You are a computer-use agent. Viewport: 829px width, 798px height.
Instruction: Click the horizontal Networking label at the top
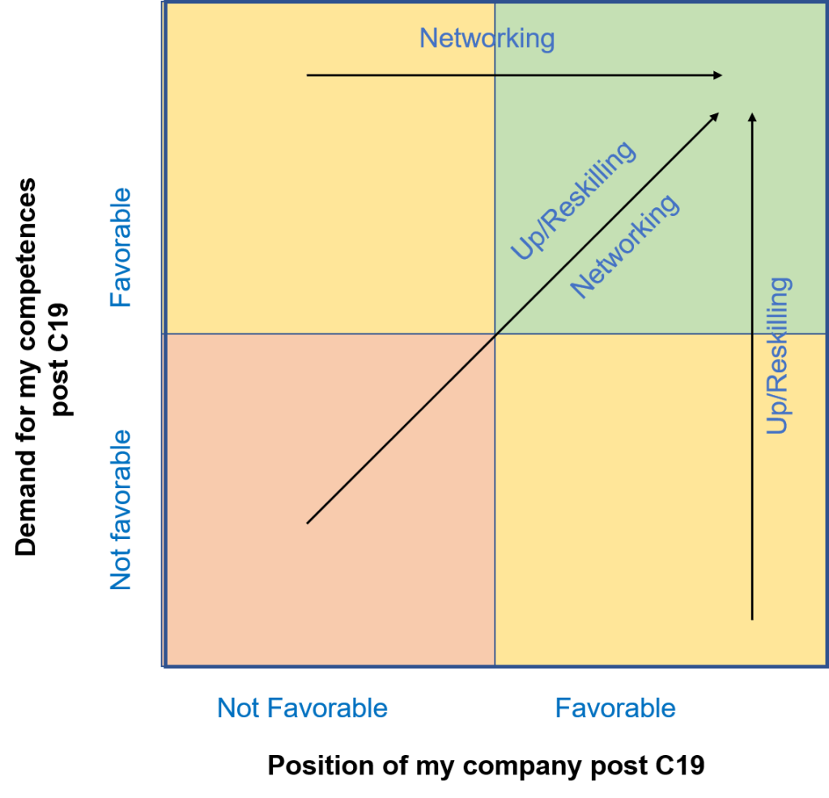(487, 38)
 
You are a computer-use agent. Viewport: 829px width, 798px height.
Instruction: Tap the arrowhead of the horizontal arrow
(717, 75)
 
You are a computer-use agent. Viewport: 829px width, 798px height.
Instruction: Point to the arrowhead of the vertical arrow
(753, 117)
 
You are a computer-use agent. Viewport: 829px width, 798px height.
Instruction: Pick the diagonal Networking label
(624, 245)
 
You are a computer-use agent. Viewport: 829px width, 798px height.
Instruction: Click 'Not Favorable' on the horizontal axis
(302, 709)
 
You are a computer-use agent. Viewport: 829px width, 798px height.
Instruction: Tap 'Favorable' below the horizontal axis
(615, 709)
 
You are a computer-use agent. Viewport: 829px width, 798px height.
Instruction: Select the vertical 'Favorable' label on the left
(121, 247)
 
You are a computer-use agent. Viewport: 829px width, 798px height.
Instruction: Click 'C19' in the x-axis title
(678, 766)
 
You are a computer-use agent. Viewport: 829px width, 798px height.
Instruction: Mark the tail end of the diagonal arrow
(308, 524)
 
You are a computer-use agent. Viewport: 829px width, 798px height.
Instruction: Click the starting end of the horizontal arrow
(308, 75)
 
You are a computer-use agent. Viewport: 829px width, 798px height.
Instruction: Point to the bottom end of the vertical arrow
(753, 619)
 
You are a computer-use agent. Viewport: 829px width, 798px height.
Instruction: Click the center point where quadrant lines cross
(495, 333)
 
